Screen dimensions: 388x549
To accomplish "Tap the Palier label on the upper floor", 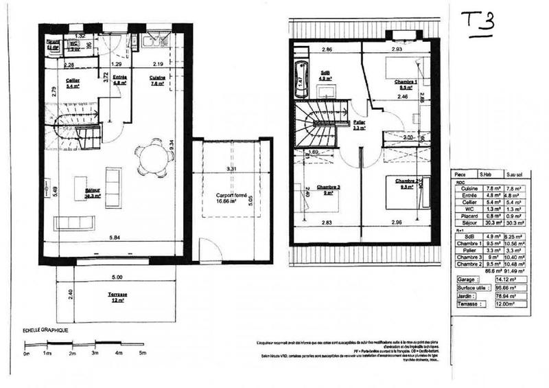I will click(x=358, y=124).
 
